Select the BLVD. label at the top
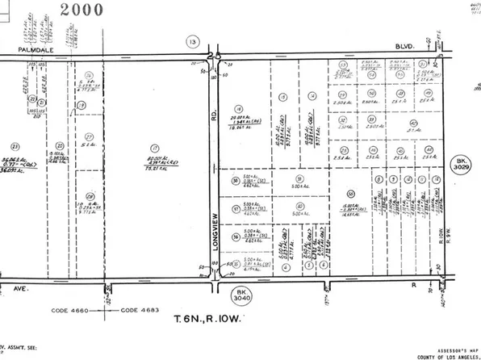coord(403,48)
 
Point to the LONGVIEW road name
coord(216,230)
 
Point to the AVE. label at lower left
coord(10,286)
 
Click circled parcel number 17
coord(153,149)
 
